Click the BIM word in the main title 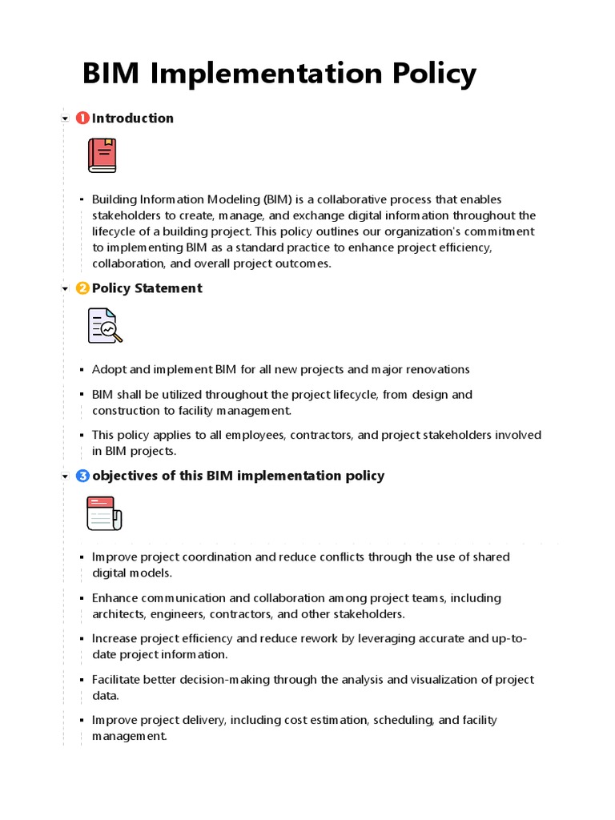click(x=111, y=74)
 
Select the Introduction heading click(x=133, y=119)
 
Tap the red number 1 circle click(x=82, y=119)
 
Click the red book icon click(x=102, y=155)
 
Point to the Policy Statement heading click(x=147, y=288)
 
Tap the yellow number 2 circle click(x=82, y=288)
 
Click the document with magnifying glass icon click(x=104, y=325)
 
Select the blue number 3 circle click(x=82, y=476)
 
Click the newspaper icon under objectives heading click(x=104, y=513)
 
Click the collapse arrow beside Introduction click(x=65, y=119)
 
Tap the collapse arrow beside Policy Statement click(x=65, y=289)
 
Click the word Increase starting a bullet click(x=115, y=639)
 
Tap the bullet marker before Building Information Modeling click(x=82, y=199)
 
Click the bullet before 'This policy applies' click(x=82, y=436)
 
